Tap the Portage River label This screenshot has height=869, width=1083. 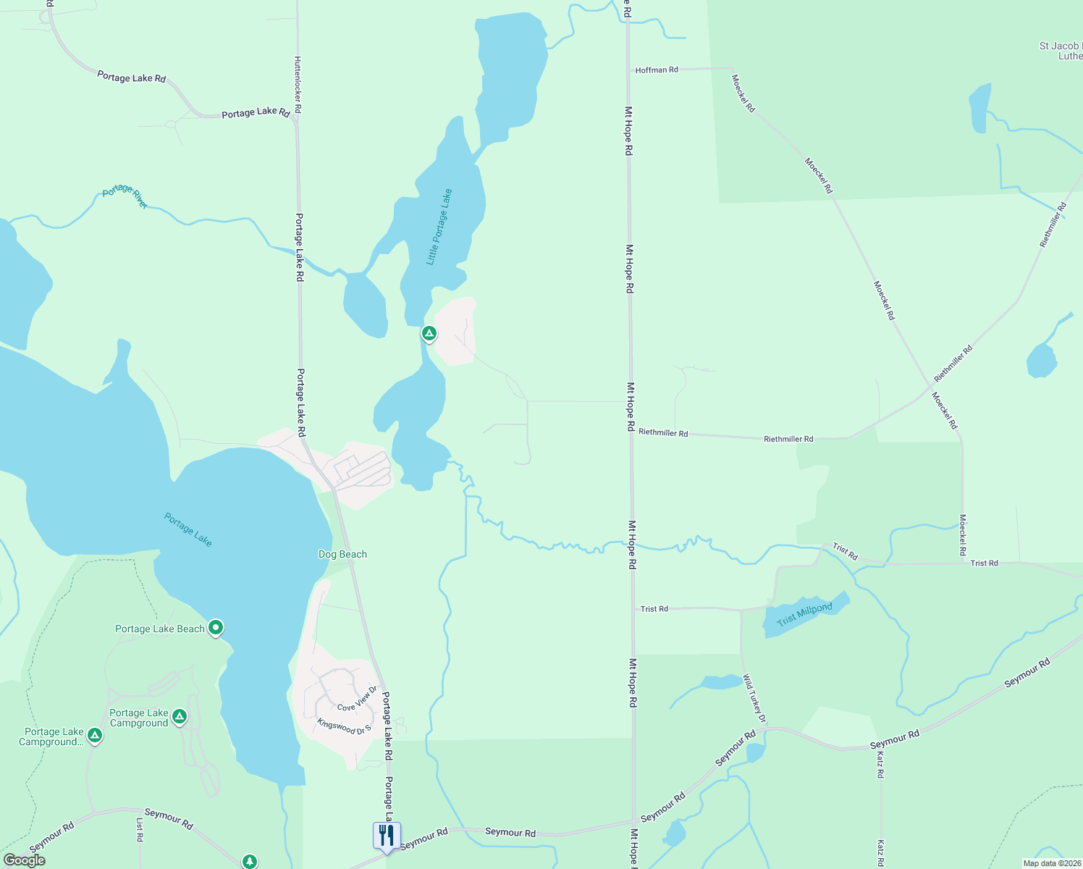point(125,196)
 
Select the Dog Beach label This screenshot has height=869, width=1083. point(342,554)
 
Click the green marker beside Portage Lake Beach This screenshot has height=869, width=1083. point(216,627)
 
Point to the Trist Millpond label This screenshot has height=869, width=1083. point(804,615)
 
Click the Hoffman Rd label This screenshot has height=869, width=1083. point(657,70)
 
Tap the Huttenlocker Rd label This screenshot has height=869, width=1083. point(298,85)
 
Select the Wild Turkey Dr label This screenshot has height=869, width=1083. point(754,698)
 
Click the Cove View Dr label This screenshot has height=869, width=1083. point(358,700)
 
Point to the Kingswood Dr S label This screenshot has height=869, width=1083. point(344,726)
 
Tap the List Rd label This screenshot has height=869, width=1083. point(140,830)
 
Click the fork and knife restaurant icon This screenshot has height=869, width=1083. point(387,836)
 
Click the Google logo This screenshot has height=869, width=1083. point(25,860)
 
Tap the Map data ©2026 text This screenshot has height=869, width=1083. point(1050,863)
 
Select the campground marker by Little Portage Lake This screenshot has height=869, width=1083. point(429,333)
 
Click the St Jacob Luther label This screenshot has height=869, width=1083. point(1061,51)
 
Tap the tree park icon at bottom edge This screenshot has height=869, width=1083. point(250,861)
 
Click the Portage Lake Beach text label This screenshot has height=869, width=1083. point(160,629)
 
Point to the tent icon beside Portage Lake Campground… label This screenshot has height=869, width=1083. point(94,736)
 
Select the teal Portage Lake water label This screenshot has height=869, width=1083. point(188,529)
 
